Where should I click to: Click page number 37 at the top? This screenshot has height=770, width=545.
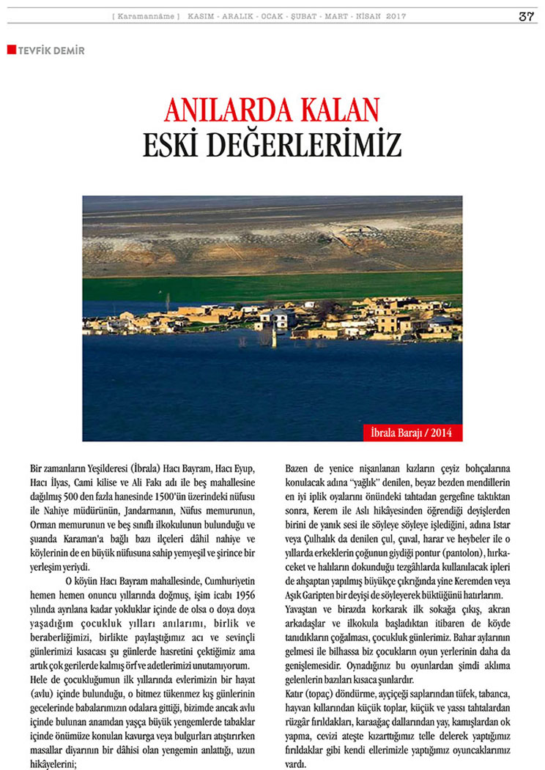click(525, 17)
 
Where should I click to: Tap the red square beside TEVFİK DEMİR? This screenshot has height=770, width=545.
click(11, 50)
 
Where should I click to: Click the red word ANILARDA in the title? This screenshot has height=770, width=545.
click(223, 111)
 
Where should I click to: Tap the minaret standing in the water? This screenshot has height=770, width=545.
click(274, 337)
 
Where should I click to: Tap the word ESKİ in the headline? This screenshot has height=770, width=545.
click(172, 143)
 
